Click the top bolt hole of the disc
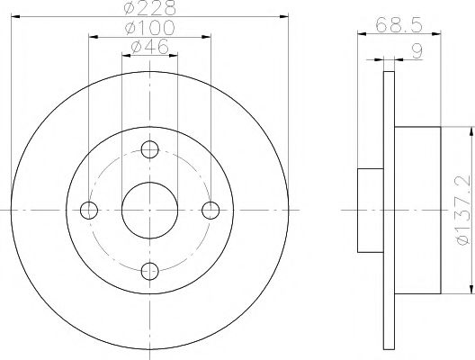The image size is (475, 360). [x=149, y=149]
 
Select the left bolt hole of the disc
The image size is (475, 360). [x=88, y=211]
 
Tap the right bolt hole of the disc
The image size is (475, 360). [x=211, y=211]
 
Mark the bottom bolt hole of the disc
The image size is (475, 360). [x=149, y=273]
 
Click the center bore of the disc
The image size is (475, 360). [x=149, y=211]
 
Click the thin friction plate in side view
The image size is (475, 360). [x=389, y=211]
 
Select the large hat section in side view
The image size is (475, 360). [x=417, y=211]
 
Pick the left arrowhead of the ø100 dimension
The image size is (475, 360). [x=91, y=35]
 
